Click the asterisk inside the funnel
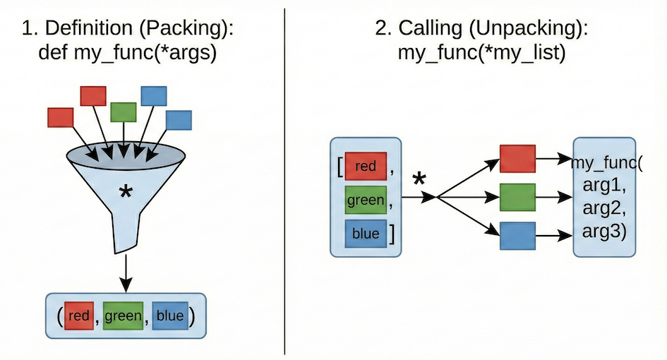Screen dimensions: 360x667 point(126,191)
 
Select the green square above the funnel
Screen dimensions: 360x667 point(124,112)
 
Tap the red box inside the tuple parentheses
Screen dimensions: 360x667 point(78,316)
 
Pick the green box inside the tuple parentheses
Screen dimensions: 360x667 point(123,316)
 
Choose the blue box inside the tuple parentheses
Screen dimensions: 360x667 point(169,316)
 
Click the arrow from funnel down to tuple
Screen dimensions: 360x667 point(126,272)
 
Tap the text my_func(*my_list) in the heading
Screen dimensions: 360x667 point(481,53)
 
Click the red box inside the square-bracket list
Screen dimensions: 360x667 point(366,167)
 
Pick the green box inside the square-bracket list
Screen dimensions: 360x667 point(366,200)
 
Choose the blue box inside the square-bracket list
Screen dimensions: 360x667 point(366,234)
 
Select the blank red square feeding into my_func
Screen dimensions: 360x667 point(517,159)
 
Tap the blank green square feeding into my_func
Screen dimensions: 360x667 point(517,198)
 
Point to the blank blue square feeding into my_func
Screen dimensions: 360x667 point(517,236)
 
